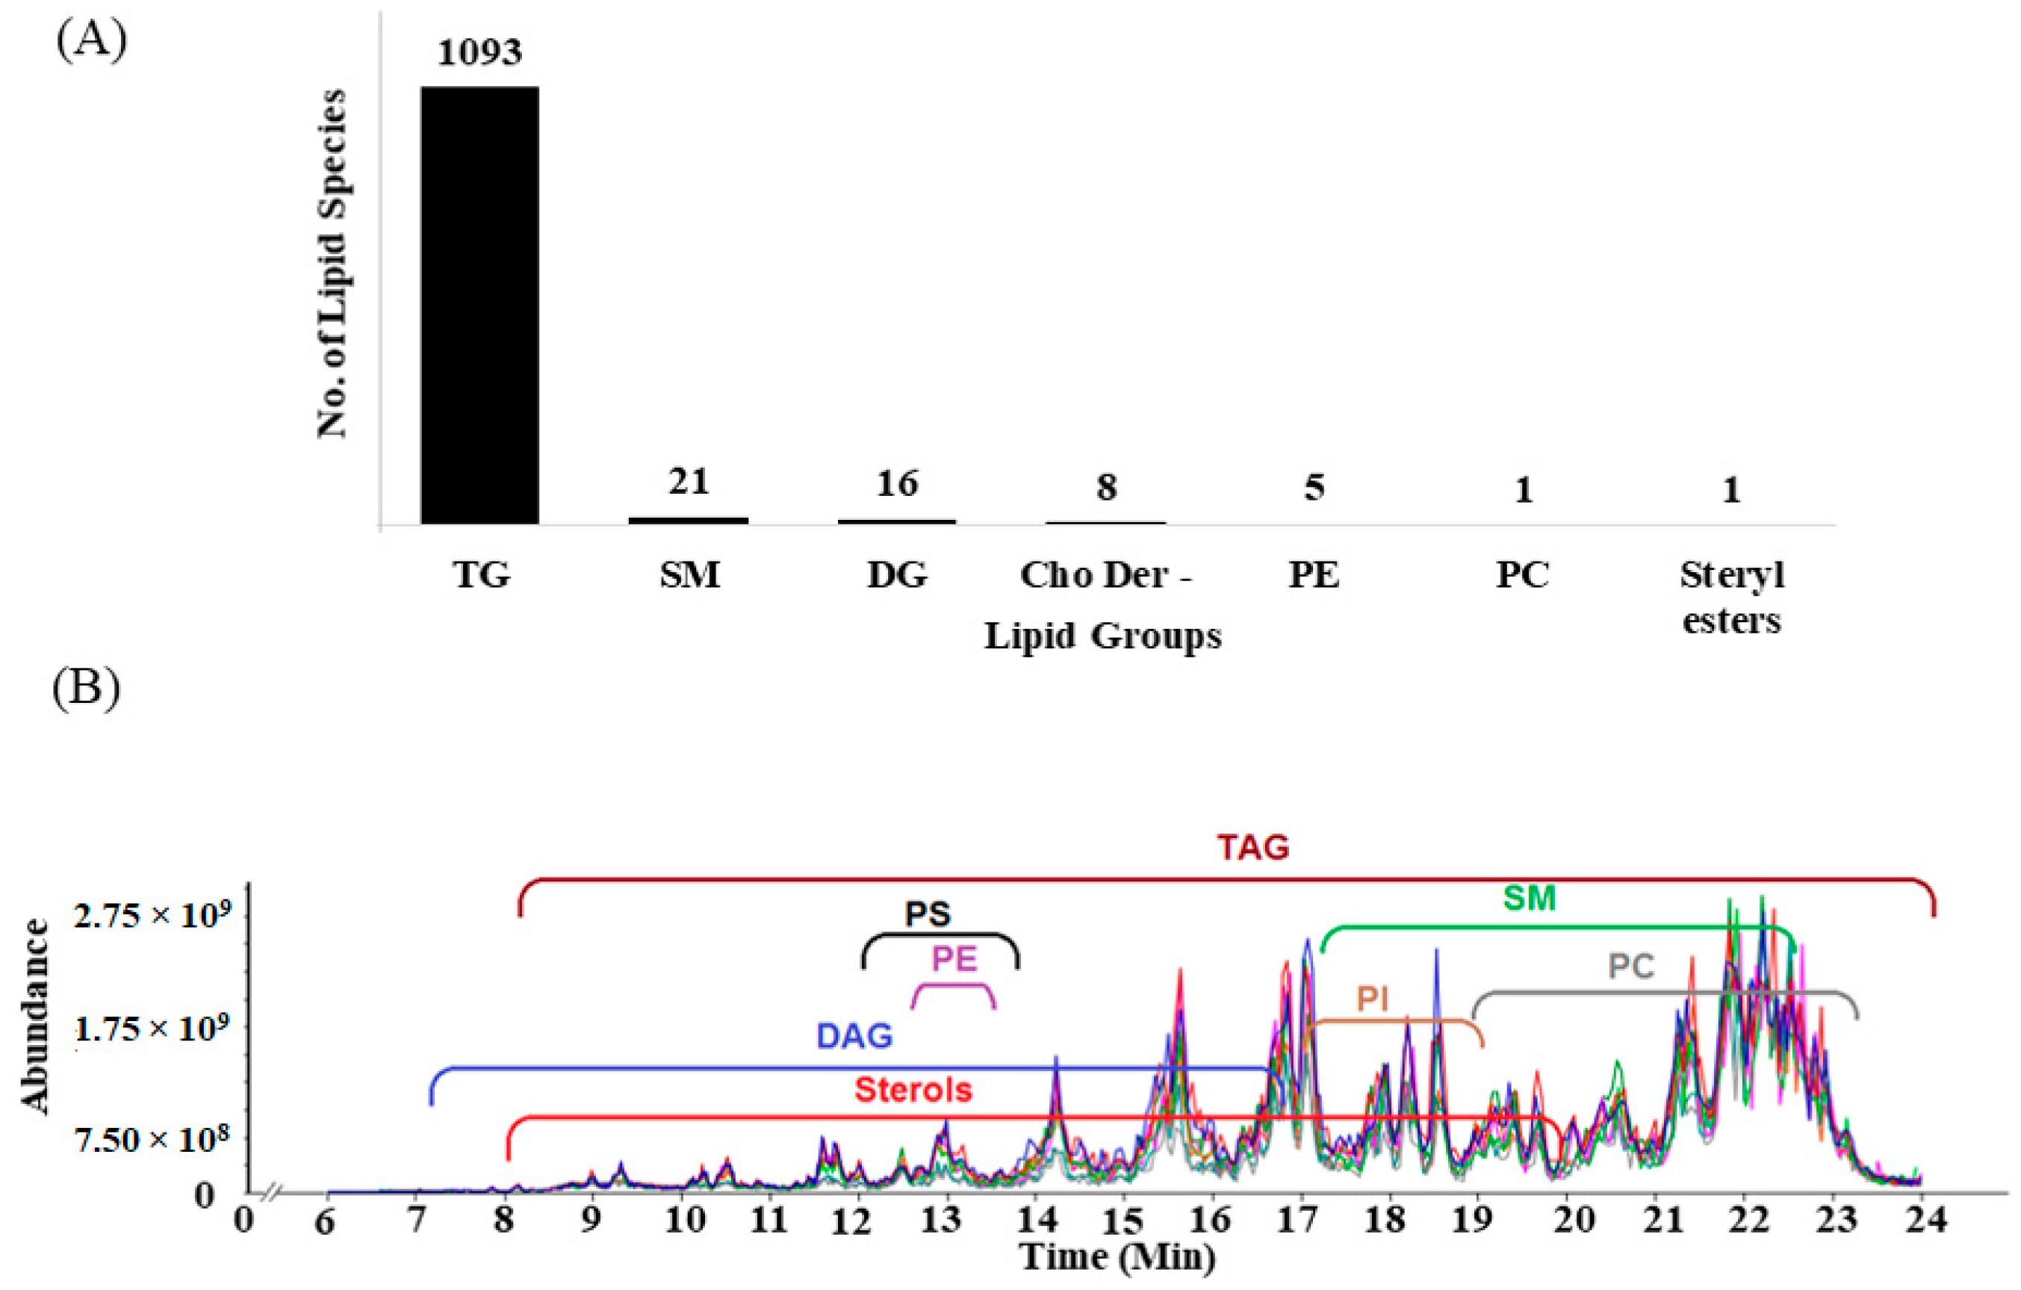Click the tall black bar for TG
point(479,305)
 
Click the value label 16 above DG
point(896,483)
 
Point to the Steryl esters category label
point(1731,598)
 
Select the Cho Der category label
point(1105,576)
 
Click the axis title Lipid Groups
point(1103,636)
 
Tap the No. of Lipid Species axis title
point(332,264)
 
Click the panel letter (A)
point(91,40)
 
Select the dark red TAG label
point(1253,848)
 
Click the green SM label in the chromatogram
point(1529,899)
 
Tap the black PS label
point(928,914)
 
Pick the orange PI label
point(1373,999)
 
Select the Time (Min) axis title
point(1117,1257)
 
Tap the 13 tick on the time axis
point(941,1221)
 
